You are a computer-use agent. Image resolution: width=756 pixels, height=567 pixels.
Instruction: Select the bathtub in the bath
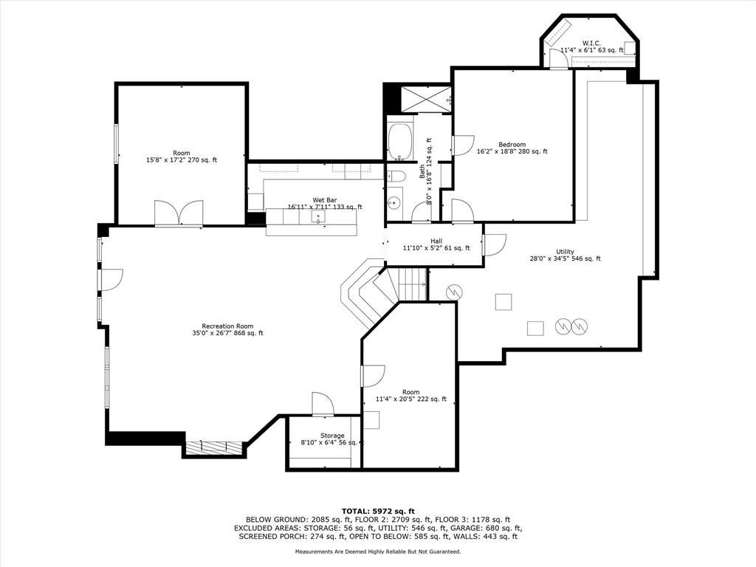pyautogui.click(x=399, y=142)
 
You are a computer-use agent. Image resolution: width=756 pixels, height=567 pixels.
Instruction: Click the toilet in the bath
pyautogui.click(x=396, y=176)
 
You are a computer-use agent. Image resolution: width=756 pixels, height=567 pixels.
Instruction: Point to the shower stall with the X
pyautogui.click(x=426, y=100)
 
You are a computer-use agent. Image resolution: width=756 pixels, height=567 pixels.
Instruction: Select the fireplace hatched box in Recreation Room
pyautogui.click(x=213, y=447)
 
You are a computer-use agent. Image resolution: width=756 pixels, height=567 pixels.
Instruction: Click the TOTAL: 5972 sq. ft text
pyautogui.click(x=378, y=511)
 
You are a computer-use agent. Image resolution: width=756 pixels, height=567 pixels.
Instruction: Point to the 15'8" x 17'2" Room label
pyautogui.click(x=182, y=157)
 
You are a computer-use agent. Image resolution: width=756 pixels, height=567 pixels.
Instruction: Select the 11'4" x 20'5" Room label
pyautogui.click(x=410, y=396)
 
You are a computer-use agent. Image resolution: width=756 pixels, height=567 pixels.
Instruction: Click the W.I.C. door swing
pyautogui.click(x=559, y=58)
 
